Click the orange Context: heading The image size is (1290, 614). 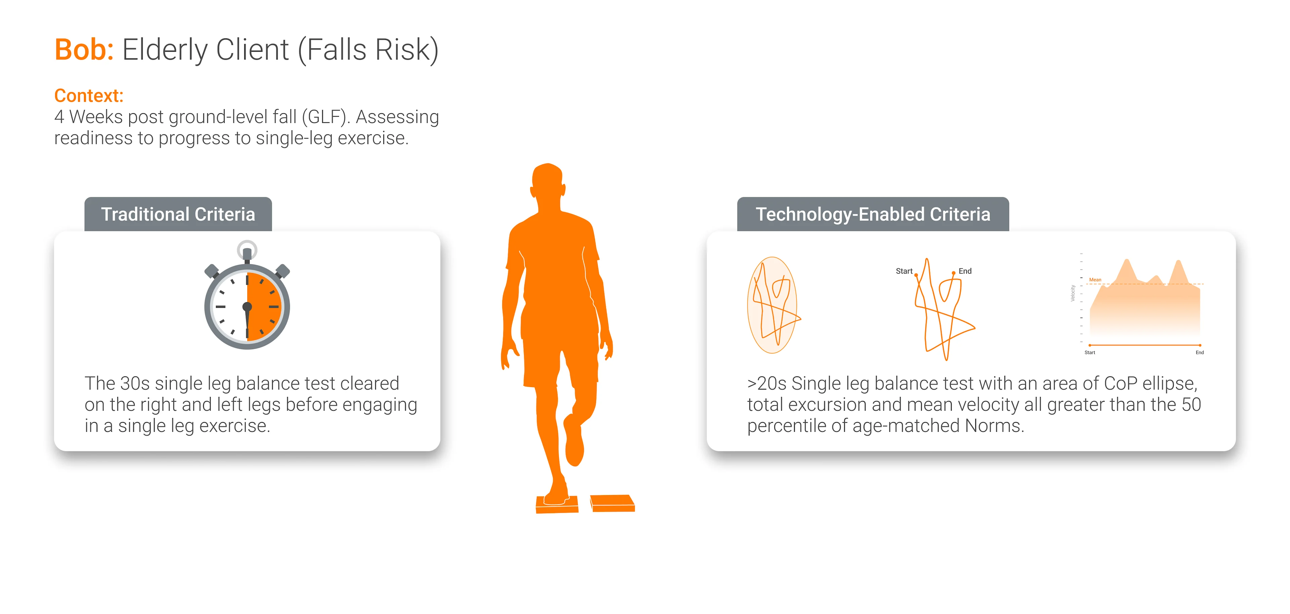coord(89,96)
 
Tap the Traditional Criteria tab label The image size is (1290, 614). coord(178,214)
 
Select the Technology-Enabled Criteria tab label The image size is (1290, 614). coord(873,214)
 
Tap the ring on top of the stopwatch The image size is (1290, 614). coord(247,249)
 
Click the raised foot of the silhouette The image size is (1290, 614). coord(574,441)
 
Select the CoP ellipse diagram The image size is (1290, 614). coord(773,305)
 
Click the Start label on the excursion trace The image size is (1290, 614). coord(904,271)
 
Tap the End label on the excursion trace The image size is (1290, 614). coord(965,271)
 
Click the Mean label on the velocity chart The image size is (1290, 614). coord(1095,280)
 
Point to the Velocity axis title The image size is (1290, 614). coord(1073,293)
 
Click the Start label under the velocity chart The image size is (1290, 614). coord(1090,353)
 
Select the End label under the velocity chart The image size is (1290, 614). coord(1200,353)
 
